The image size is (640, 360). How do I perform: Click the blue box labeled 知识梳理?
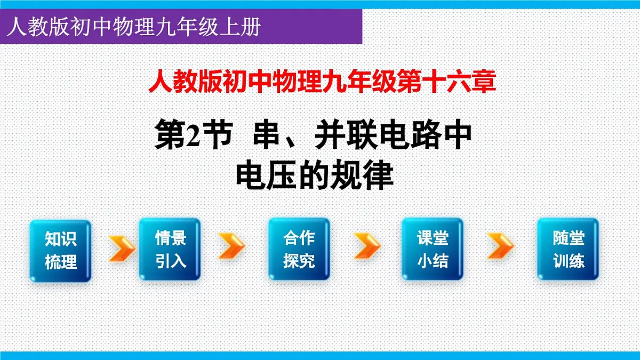click(60, 250)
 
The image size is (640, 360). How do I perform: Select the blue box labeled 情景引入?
click(170, 249)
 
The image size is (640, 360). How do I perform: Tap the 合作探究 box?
click(299, 249)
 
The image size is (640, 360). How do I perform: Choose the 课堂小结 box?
click(432, 249)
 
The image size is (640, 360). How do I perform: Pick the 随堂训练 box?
click(568, 249)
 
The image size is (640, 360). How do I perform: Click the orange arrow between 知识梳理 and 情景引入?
click(122, 248)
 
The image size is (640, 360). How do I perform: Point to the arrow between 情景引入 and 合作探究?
click(231, 246)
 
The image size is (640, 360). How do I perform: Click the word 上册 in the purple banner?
click(246, 26)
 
